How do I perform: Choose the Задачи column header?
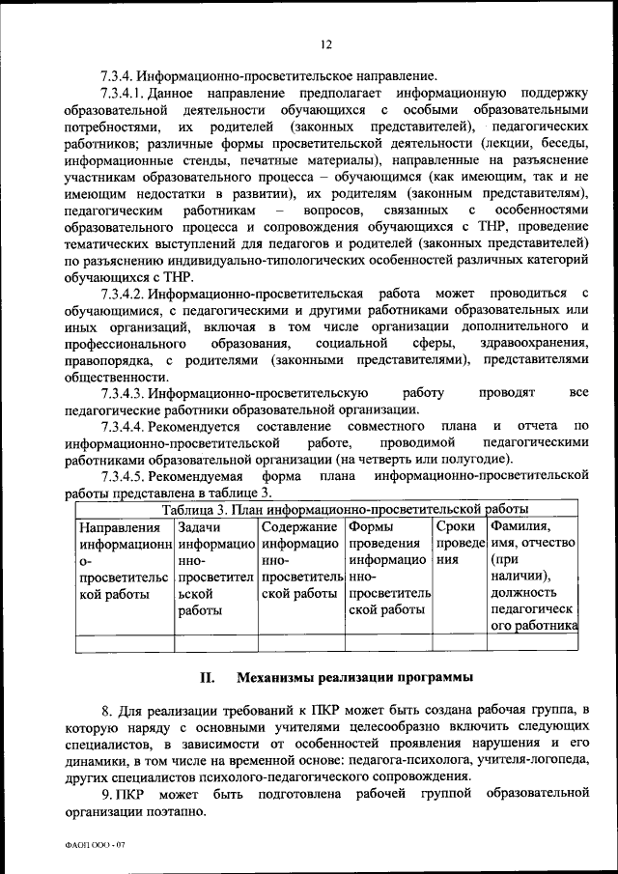(199, 527)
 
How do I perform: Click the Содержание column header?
(299, 527)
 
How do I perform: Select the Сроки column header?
(456, 527)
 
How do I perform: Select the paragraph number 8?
(106, 710)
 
